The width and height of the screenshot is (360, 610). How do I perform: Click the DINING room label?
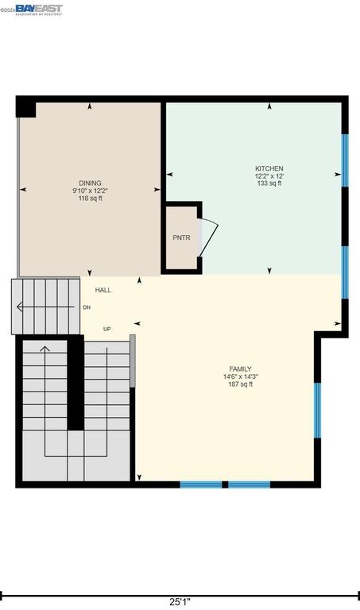[x=90, y=183]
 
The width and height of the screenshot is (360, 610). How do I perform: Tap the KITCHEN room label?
[x=269, y=168]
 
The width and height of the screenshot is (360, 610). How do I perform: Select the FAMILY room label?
[x=240, y=369]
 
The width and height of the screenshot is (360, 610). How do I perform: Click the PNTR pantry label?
[x=181, y=237]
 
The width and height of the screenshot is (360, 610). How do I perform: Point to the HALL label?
[x=103, y=290]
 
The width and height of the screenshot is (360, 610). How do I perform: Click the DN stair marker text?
[x=87, y=307]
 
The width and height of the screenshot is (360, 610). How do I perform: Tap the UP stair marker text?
[x=106, y=329]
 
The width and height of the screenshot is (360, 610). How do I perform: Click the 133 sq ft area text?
[x=269, y=183]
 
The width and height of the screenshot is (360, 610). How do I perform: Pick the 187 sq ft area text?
[x=240, y=384]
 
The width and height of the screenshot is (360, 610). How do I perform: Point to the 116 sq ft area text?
[x=90, y=198]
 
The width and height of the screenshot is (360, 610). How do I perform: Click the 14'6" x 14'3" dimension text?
[x=240, y=377]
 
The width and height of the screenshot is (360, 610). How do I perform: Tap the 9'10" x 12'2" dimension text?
[x=90, y=191]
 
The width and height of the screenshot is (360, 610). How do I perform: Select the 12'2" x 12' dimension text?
[x=269, y=176]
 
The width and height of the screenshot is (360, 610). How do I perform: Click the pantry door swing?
[x=207, y=237]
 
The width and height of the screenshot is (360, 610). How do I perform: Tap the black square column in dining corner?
[x=26, y=107]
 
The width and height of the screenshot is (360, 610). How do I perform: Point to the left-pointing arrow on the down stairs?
[x=32, y=307]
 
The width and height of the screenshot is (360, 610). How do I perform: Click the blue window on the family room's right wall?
[x=316, y=410]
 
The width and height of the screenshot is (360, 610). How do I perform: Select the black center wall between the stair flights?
[x=75, y=382]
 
